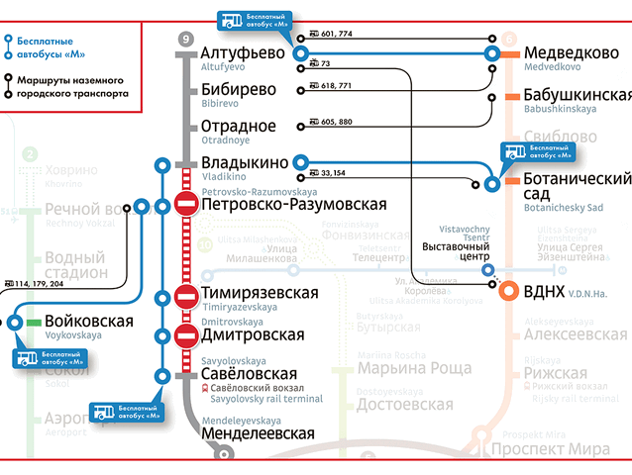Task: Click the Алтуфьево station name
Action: (243, 52)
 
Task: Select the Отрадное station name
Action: (239, 127)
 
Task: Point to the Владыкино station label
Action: (245, 162)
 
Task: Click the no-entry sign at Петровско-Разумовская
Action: (185, 204)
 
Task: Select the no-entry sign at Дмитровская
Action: (185, 335)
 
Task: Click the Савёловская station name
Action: (249, 374)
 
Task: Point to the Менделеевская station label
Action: (258, 432)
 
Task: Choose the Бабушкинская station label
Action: (578, 95)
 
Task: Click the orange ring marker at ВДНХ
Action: (508, 291)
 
